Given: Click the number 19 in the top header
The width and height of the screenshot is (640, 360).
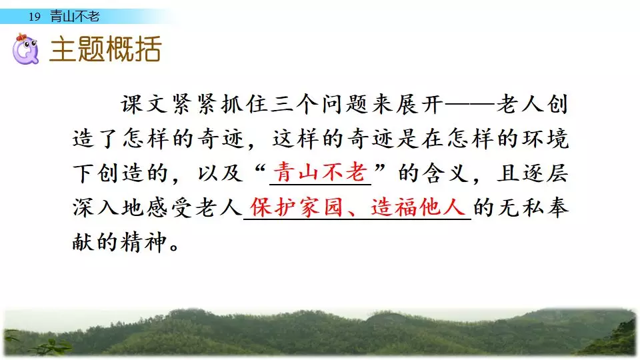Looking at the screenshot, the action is point(35,17).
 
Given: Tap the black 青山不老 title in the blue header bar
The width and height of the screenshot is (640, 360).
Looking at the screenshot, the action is point(75,16).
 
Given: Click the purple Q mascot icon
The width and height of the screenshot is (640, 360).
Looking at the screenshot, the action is point(25,49).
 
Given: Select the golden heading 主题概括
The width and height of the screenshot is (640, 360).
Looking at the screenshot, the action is point(105,49).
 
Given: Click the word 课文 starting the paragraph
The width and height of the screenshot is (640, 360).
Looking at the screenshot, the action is point(145,104).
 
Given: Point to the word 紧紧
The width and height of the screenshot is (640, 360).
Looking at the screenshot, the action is point(195,104).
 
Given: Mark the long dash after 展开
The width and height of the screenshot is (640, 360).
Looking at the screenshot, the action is point(469,105).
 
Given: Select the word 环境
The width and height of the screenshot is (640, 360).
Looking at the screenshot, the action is point(545,139).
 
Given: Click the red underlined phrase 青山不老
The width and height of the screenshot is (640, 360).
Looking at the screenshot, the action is point(320,172).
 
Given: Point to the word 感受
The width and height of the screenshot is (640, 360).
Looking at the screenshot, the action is point(170,207).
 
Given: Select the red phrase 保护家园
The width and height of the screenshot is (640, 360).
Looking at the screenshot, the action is point(296,207).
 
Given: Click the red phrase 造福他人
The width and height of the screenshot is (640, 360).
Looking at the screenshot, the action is point(418,207).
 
